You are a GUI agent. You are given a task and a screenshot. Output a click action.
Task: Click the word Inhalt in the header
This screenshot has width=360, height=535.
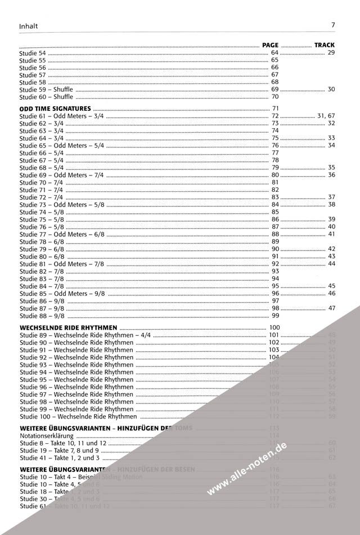pyautogui.click(x=29, y=26)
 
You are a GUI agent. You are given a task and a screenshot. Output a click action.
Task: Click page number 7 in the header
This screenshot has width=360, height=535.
pyautogui.click(x=334, y=25)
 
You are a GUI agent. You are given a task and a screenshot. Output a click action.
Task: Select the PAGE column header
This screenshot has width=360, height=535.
pyautogui.click(x=271, y=44)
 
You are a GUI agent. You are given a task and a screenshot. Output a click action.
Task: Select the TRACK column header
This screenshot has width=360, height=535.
pyautogui.click(x=325, y=44)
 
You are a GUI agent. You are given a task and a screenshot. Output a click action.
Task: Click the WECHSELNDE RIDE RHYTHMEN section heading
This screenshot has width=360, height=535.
pyautogui.click(x=68, y=327)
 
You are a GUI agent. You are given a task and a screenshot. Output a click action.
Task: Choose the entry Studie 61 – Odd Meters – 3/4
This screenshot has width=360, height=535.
pyautogui.click(x=62, y=115)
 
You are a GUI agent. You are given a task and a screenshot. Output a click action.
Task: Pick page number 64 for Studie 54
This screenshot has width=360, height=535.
pyautogui.click(x=275, y=52)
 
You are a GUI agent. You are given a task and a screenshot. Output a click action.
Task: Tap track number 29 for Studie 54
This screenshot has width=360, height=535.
pyautogui.click(x=331, y=52)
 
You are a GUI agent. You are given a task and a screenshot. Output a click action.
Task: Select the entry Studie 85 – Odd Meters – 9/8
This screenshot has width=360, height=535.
pyautogui.click(x=62, y=293)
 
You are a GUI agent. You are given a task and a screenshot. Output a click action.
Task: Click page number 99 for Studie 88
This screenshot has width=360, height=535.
pyautogui.click(x=275, y=316)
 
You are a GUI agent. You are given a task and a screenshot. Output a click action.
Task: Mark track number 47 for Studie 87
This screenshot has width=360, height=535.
pyautogui.click(x=331, y=308)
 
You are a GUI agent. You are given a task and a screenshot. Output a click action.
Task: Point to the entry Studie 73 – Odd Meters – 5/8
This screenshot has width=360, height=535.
pyautogui.click(x=62, y=205)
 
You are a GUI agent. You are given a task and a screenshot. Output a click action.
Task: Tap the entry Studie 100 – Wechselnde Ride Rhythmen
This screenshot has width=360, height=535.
pyautogui.click(x=78, y=416)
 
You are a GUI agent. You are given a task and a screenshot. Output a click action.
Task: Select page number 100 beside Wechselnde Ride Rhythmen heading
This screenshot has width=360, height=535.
pyautogui.click(x=275, y=327)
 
